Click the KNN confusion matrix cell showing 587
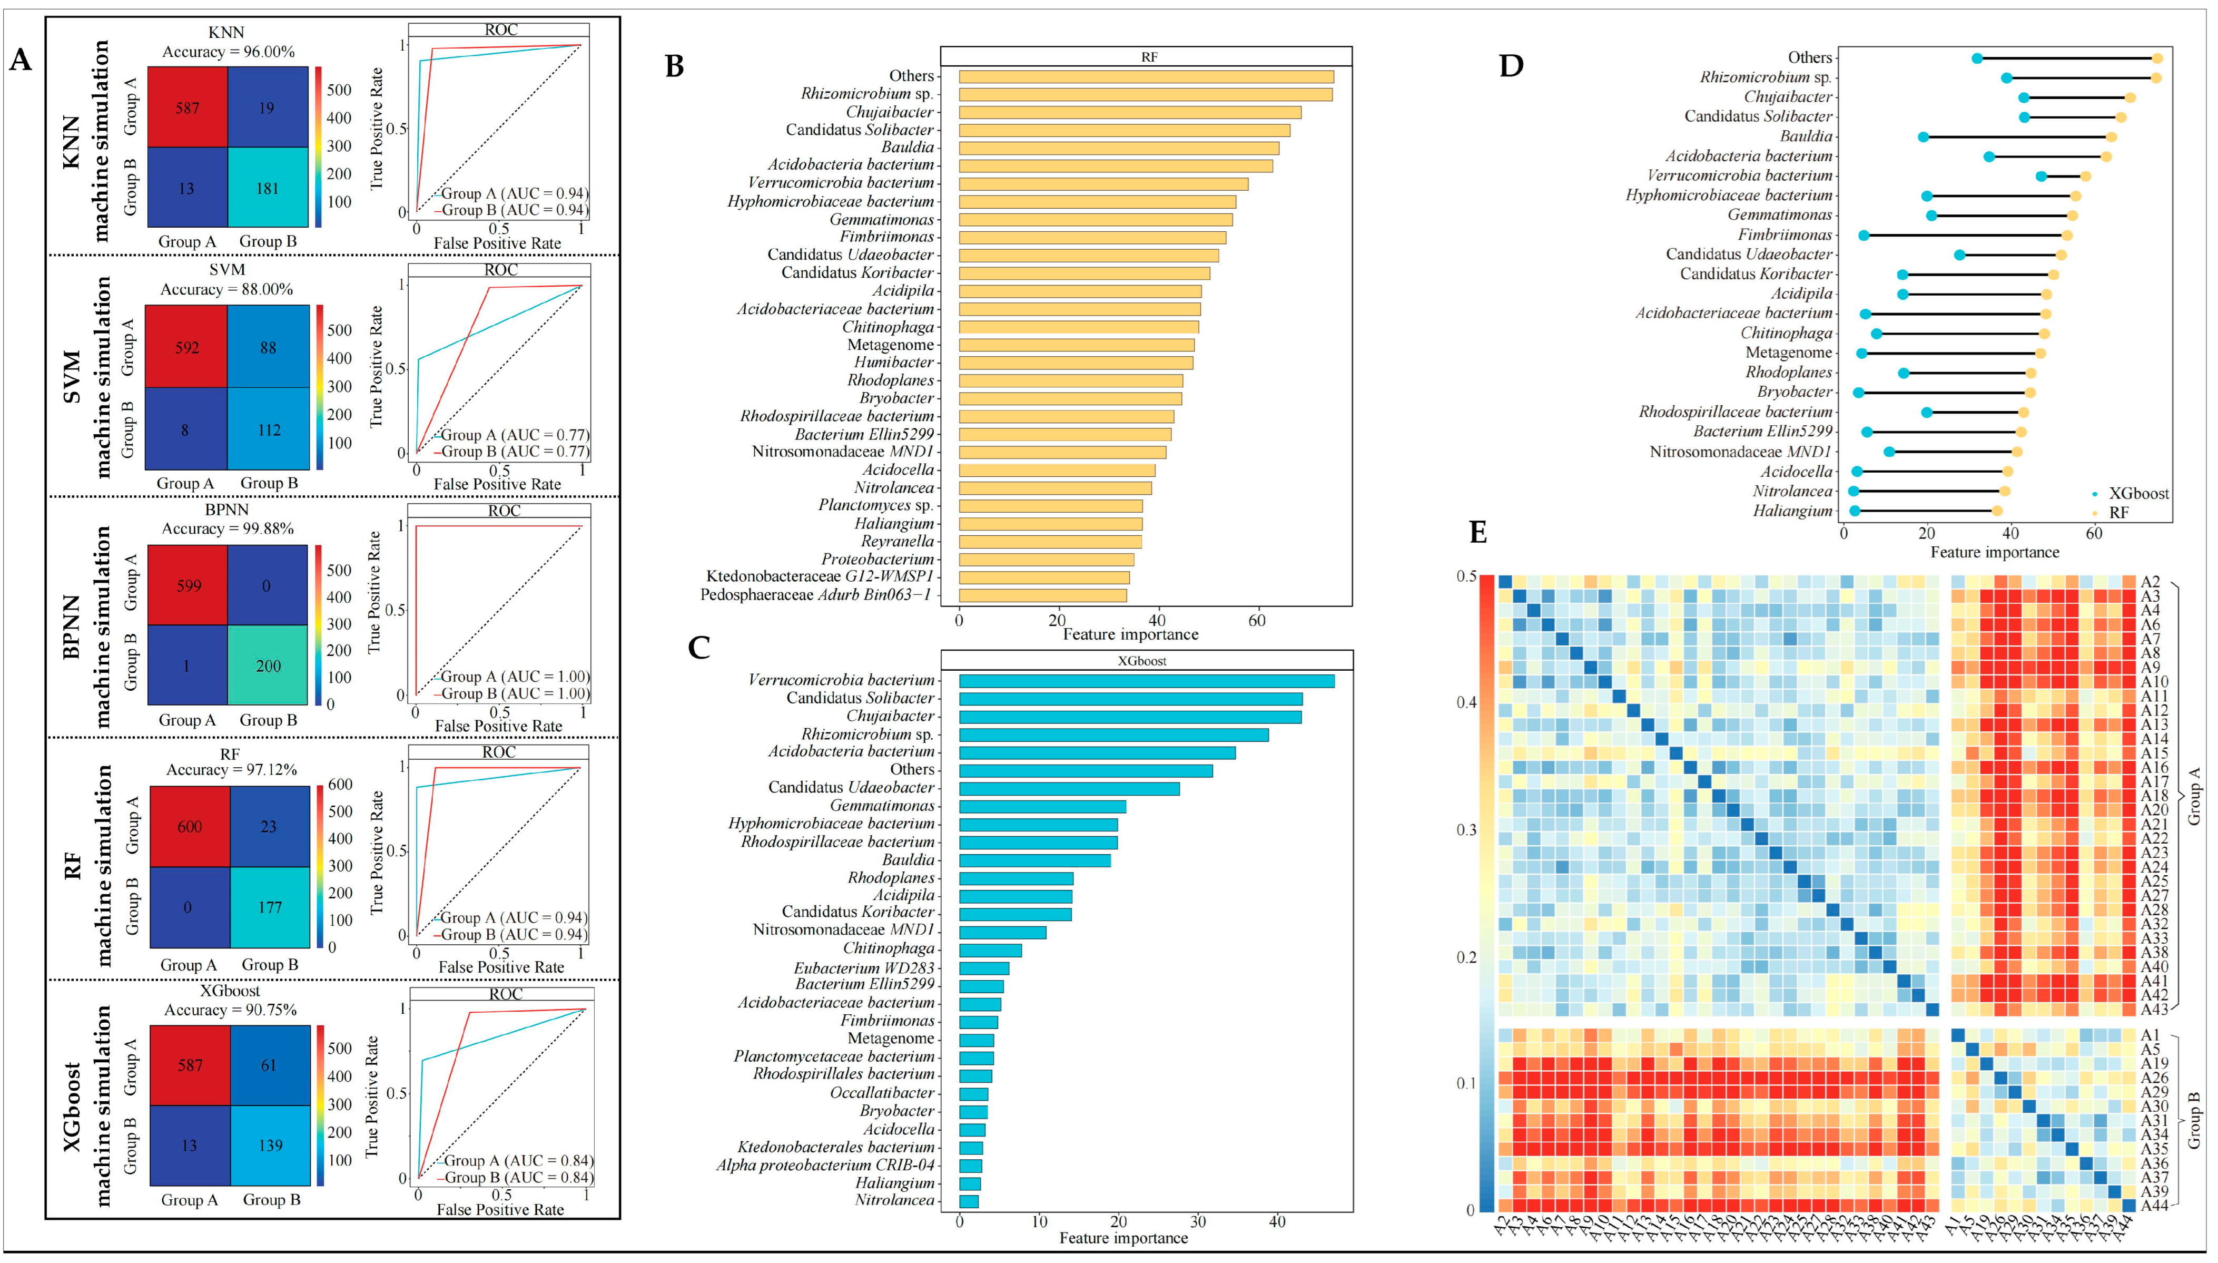188,107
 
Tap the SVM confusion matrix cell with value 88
268,348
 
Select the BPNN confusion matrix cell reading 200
268,665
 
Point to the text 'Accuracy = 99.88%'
227,528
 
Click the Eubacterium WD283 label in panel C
864,967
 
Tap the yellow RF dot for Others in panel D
2156,58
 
